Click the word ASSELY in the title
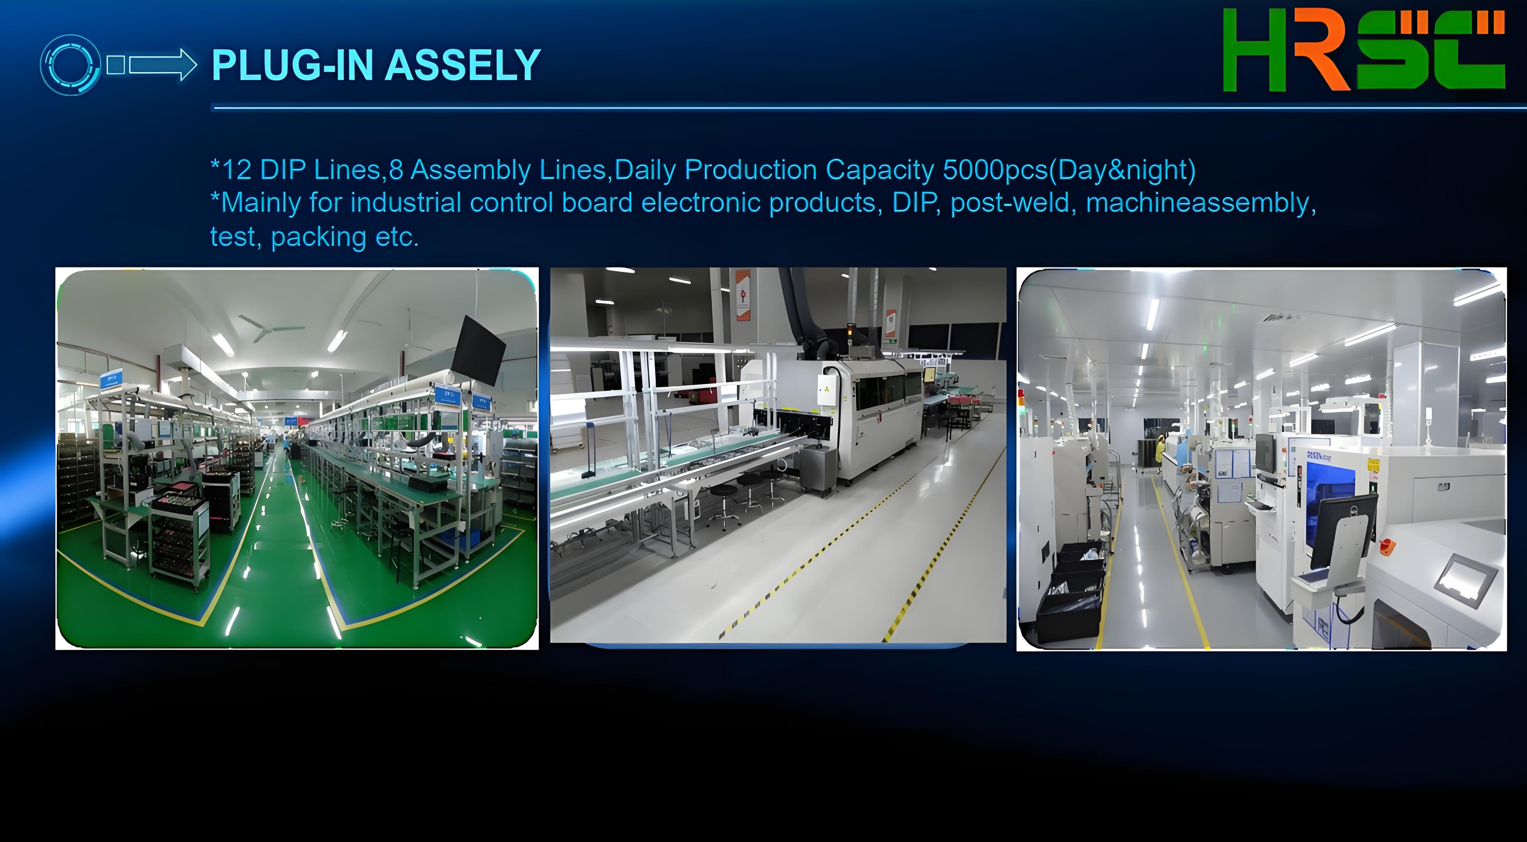coord(462,65)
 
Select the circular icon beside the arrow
coord(70,65)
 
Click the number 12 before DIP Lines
coord(236,170)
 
